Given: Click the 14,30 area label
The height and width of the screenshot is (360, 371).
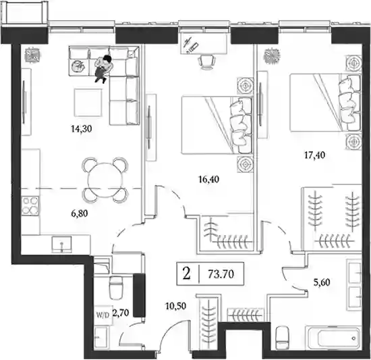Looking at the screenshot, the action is (81, 129).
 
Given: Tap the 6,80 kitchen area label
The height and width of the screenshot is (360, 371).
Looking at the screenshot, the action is (80, 213).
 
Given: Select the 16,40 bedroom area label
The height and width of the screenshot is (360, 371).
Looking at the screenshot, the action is (208, 179).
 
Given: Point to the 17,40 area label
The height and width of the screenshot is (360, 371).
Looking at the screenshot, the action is (314, 155).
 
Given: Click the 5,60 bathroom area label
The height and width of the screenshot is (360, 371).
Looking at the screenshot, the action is (322, 282).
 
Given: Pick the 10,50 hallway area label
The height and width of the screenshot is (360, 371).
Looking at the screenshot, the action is (175, 306).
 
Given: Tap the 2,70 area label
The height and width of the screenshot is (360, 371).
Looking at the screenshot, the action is (121, 313).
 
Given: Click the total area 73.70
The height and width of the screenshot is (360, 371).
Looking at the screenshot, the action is (221, 274).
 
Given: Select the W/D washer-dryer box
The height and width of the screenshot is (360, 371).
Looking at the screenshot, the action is (103, 315).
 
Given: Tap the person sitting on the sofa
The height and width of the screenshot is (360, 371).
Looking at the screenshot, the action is (103, 69).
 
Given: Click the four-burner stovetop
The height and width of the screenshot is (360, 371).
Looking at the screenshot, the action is (30, 205).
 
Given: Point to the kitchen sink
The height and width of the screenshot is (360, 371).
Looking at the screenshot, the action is (61, 244).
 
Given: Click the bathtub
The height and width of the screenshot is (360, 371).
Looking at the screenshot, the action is (333, 338).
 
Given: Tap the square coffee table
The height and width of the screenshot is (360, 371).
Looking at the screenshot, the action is (88, 103).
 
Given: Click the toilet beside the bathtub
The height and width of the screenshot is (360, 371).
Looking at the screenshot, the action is (282, 337).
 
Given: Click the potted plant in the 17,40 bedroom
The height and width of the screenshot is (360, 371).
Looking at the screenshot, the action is (272, 56).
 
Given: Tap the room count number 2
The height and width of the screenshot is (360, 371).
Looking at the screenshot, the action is (187, 274).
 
